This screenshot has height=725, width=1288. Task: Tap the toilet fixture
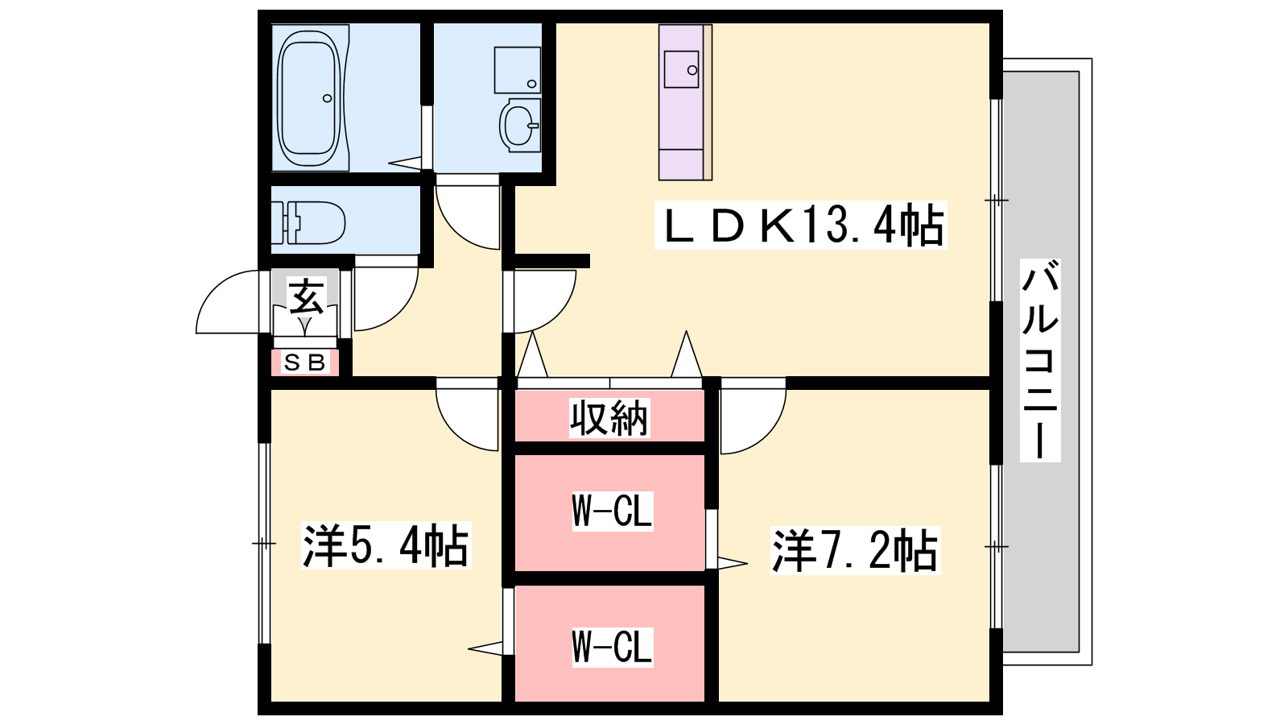point(310,222)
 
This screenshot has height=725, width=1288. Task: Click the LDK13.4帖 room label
point(800,225)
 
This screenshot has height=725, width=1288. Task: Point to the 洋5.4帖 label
point(385,545)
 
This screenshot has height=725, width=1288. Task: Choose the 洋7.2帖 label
point(854,550)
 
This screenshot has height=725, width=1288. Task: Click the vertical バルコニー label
point(1039,360)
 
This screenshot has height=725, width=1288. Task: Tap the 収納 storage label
point(609,417)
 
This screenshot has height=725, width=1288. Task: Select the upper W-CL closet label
point(611,511)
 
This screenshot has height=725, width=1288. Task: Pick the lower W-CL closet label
point(611,647)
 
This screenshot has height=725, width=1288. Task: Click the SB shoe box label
point(304,363)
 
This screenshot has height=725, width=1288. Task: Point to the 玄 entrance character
point(306,296)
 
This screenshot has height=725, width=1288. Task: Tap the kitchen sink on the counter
point(681,69)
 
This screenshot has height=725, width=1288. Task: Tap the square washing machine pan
point(517,69)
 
